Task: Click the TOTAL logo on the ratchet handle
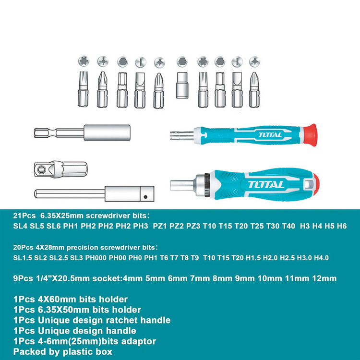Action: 266,185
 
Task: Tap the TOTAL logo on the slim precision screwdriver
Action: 270,135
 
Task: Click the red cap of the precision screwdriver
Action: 311,134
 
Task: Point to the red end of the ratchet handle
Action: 316,184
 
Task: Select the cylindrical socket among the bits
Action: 182,85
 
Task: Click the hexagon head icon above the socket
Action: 182,62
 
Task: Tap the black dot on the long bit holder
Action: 145,197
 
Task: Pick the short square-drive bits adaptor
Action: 60,169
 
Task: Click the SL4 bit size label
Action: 20,226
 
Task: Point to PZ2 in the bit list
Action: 177,226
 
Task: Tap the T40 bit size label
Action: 288,226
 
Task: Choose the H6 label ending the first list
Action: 342,226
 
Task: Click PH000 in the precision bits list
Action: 96,258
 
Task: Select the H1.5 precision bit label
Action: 253,258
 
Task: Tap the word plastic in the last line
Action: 81,351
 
